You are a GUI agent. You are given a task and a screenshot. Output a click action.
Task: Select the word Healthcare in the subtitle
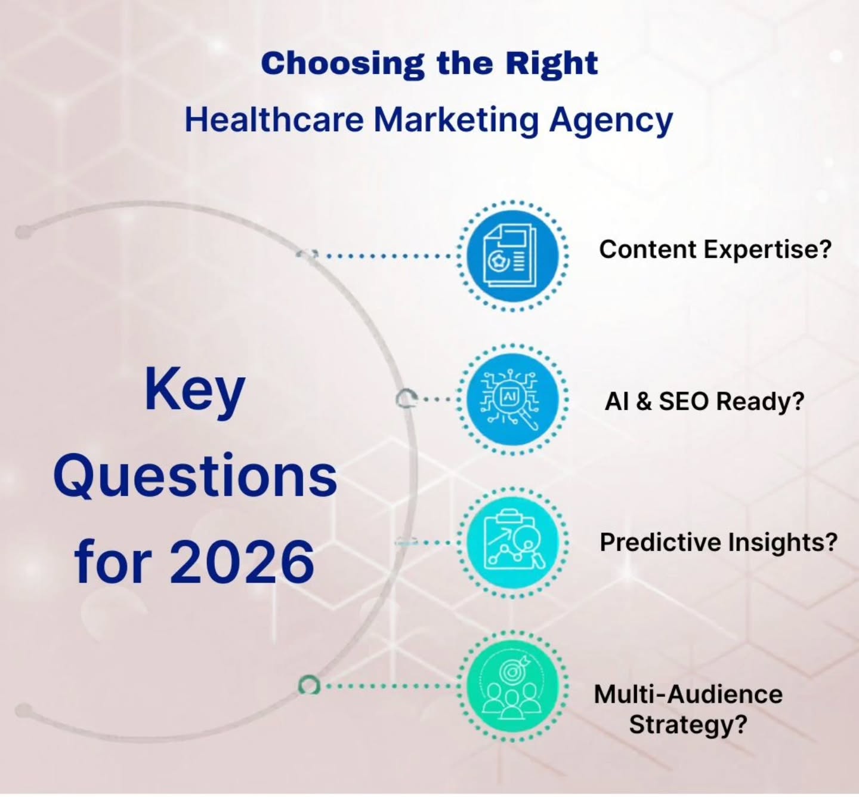click(x=274, y=119)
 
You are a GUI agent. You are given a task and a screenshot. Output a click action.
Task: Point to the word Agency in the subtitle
click(x=611, y=121)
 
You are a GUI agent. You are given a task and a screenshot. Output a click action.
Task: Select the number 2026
click(x=242, y=562)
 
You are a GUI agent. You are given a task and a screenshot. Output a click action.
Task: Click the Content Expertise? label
click(x=715, y=250)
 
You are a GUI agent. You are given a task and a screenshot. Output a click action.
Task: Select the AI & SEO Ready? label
click(x=704, y=401)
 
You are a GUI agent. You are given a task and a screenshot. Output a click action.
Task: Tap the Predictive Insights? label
click(x=718, y=542)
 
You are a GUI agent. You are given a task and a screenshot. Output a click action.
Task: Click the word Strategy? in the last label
click(x=688, y=725)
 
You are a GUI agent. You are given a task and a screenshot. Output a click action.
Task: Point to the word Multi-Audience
click(x=688, y=694)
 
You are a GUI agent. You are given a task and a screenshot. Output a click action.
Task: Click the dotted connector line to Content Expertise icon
click(x=388, y=256)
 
